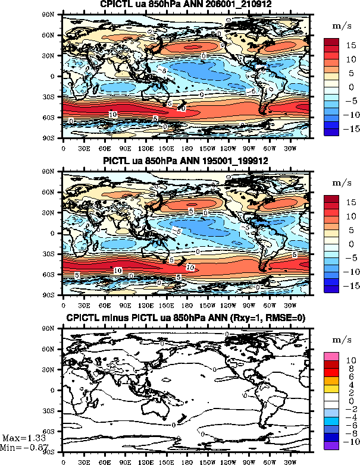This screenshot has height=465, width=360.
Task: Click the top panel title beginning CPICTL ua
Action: tap(185, 5)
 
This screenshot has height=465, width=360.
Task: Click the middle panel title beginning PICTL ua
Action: tap(185, 163)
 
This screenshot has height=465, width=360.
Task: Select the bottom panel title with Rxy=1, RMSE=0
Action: tap(185, 319)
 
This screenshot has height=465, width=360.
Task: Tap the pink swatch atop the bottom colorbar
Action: tap(331, 356)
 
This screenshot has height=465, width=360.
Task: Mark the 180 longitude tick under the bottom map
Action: tap(186, 460)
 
